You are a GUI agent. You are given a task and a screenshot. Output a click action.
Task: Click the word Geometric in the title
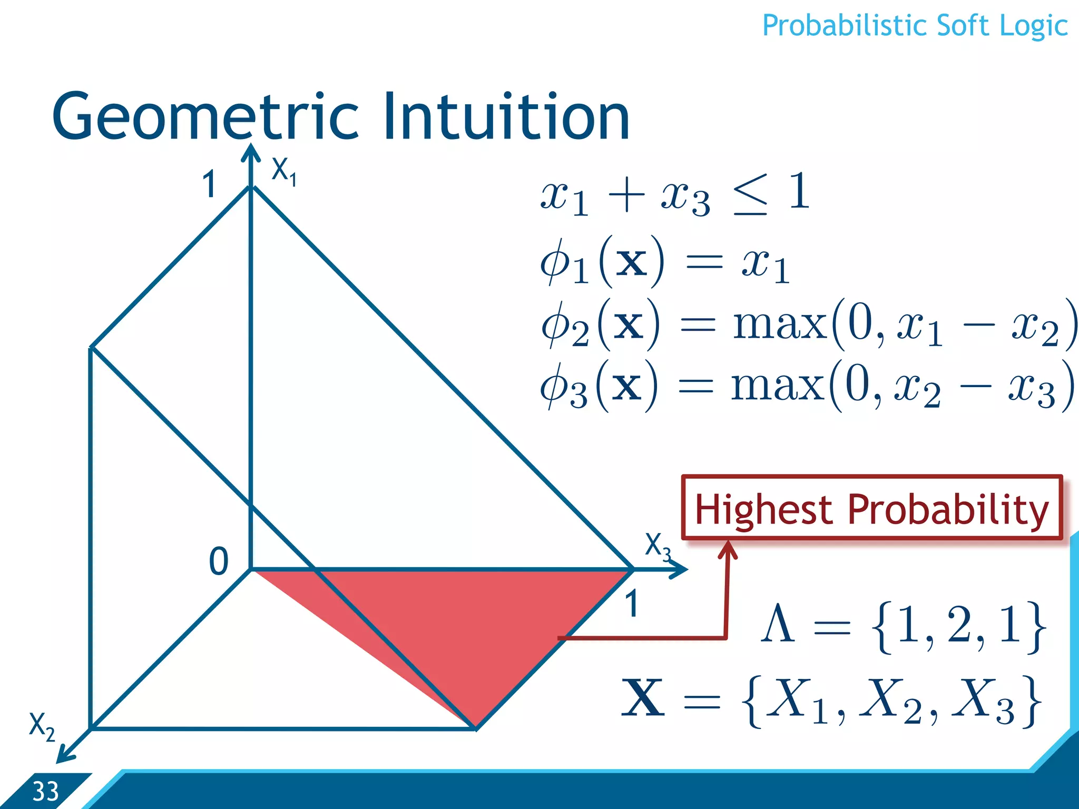(205, 117)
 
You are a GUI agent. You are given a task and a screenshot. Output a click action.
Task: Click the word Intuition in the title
(506, 117)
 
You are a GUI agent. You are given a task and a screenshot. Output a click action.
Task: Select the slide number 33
(45, 792)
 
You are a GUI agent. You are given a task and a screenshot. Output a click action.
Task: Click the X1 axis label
(283, 172)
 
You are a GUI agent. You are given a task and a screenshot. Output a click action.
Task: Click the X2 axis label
(41, 726)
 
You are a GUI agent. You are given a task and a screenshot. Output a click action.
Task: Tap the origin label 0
(219, 561)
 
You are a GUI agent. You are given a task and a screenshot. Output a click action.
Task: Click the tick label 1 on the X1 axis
(209, 185)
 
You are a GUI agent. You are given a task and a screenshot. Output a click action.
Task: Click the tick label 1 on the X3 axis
(632, 604)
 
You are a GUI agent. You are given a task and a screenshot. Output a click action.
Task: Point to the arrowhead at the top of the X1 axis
(251, 153)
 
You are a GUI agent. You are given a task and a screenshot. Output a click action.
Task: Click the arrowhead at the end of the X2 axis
(64, 756)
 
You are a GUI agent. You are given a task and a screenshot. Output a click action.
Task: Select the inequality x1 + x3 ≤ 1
(674, 195)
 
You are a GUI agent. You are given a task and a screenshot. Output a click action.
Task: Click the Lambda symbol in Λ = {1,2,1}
(777, 624)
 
